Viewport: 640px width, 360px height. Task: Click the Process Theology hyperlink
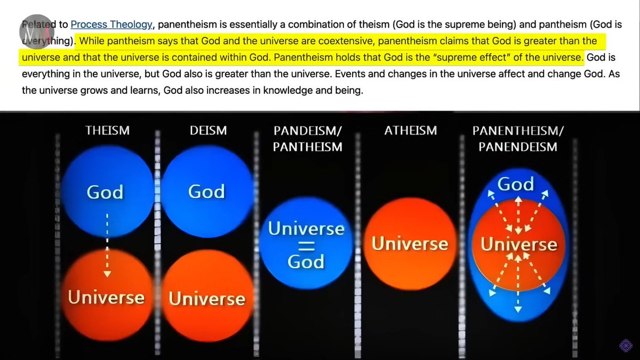pos(111,24)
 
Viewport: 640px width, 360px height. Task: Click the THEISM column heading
pos(108,130)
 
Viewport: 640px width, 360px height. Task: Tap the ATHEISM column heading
pos(411,130)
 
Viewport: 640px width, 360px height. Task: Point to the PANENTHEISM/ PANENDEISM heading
pos(518,138)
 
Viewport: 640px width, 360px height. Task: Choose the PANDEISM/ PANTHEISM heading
pos(307,138)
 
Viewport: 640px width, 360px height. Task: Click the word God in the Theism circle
pos(105,192)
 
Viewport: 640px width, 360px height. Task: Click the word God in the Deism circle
pos(206,191)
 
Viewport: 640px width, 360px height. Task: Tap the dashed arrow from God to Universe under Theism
pos(107,245)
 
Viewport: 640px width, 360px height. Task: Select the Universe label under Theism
pos(106,297)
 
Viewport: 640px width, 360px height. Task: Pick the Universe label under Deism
pos(207,299)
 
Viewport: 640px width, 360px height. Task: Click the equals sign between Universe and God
pos(306,245)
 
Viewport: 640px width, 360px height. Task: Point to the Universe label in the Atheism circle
pos(410,244)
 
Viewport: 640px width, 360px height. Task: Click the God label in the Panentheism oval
pos(516,185)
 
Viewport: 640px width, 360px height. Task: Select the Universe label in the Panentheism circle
pos(519,245)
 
